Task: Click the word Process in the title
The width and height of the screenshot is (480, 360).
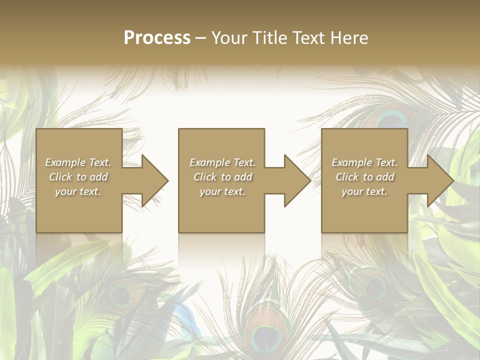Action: pos(157,38)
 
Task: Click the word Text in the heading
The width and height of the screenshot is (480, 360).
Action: pos(306,38)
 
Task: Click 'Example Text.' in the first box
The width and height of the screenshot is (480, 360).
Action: pos(78,162)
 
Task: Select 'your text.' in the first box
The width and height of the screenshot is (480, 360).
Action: pos(78,191)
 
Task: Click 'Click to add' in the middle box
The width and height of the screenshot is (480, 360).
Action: pos(222,177)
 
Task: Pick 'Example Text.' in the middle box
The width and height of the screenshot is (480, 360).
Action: pos(222,162)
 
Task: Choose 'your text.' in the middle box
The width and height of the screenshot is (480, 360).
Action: pos(222,191)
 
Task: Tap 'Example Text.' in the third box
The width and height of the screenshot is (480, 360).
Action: pos(364,162)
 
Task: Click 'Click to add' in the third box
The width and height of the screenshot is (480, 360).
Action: pos(364,177)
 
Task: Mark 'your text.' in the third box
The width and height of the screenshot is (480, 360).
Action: pos(364,191)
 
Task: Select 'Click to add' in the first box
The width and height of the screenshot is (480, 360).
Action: pos(78,177)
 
